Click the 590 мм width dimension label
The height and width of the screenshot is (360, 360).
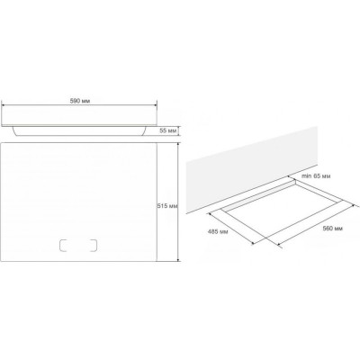tap(80, 101)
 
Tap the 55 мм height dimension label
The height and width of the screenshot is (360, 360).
tap(168, 131)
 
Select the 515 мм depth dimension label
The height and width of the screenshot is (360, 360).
tap(167, 206)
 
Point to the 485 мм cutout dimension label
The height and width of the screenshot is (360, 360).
tap(218, 231)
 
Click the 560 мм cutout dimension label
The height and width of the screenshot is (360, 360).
tap(332, 229)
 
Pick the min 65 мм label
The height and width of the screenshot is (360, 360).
tap(316, 176)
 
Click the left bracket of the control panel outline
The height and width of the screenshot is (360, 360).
tap(64, 245)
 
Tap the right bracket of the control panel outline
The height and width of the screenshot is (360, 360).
tap(93, 245)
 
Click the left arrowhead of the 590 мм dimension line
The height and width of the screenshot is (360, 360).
tap(3, 105)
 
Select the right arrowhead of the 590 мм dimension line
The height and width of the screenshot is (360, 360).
tap(155, 105)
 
